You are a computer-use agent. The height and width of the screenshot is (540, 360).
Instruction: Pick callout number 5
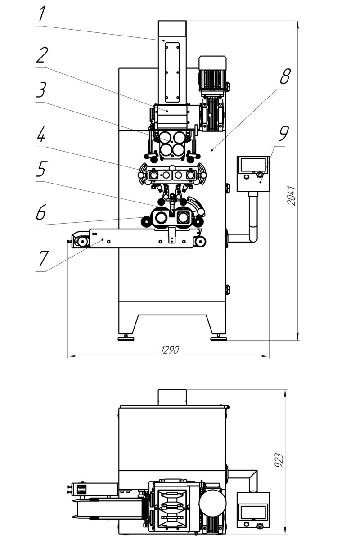41,169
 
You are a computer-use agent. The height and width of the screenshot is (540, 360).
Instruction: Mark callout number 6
40,212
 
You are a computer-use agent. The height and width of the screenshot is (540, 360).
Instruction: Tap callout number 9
283,133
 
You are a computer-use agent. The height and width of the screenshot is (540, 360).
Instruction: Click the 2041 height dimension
291,195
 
